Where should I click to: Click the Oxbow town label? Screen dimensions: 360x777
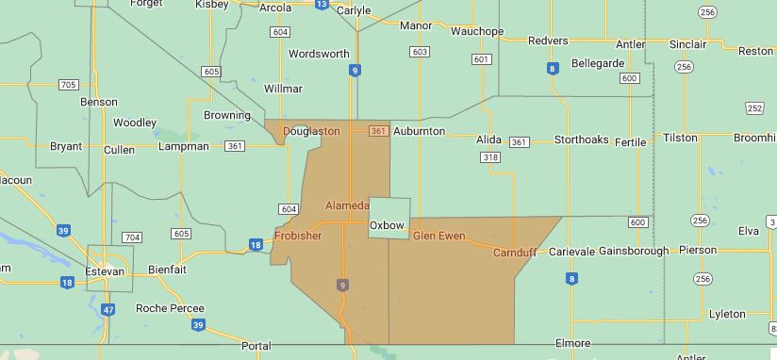[387, 225]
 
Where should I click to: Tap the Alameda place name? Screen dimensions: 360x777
[347, 205]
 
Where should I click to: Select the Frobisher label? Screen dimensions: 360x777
[298, 236]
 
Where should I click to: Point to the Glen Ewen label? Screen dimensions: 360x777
[438, 236]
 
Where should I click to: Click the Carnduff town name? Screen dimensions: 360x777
[515, 253]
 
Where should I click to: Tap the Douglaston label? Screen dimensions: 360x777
[311, 131]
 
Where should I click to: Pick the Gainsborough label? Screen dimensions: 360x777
[633, 251]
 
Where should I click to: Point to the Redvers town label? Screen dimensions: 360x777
[548, 41]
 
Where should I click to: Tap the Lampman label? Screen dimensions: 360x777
[184, 146]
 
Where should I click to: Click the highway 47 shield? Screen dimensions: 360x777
[108, 310]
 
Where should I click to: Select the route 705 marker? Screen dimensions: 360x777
[68, 85]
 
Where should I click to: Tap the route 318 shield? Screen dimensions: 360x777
[489, 157]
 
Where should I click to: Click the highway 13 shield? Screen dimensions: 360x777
[322, 5]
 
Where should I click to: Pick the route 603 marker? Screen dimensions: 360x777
[420, 52]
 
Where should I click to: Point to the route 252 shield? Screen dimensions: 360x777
[754, 108]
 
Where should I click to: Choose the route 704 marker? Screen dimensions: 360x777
[132, 237]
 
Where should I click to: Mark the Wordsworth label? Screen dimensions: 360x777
[319, 54]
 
